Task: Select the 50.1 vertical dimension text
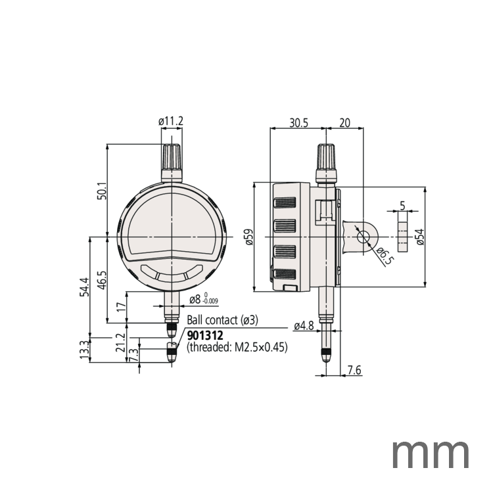click(101, 191)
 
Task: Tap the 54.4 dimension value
click(83, 287)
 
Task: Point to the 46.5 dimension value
click(101, 280)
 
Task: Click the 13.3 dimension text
click(83, 349)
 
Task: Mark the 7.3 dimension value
click(134, 355)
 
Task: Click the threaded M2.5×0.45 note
click(237, 348)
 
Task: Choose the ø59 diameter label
click(247, 237)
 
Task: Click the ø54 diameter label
click(419, 237)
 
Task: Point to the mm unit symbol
click(431, 454)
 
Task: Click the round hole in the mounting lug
click(362, 237)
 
